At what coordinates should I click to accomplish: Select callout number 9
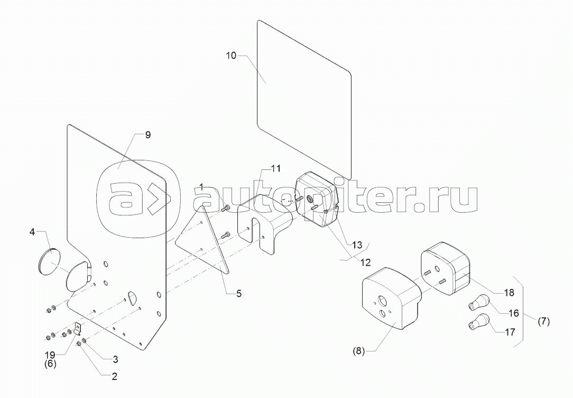147,135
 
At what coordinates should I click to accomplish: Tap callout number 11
276,169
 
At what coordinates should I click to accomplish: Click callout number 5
239,293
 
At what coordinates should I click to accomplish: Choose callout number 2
114,377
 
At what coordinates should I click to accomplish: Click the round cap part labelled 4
49,261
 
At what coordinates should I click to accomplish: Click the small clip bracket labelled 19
77,330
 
